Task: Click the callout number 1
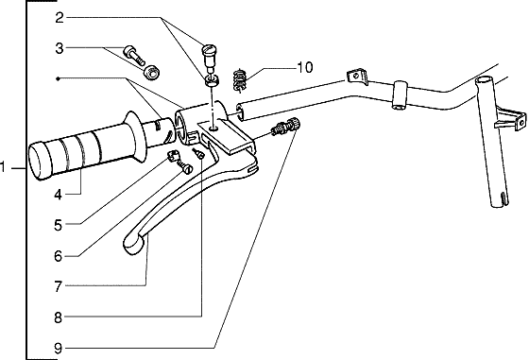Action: tap(6, 168)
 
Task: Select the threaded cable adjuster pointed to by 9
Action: tap(284, 129)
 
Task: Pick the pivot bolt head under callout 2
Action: tap(210, 53)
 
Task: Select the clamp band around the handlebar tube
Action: tap(399, 94)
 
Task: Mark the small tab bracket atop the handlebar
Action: tap(356, 74)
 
